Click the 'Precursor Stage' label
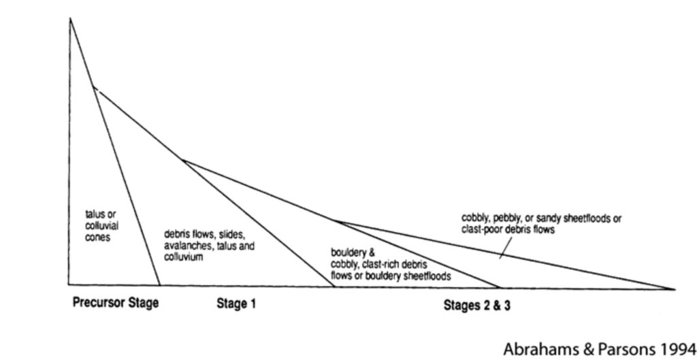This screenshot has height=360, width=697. pos(116,304)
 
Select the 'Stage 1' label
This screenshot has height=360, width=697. pos(236,304)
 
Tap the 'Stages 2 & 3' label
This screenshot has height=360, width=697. pos(477,306)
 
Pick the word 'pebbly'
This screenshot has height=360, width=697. pos(506,218)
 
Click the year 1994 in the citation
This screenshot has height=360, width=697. pos(679,348)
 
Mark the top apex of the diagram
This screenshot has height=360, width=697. pos(70,18)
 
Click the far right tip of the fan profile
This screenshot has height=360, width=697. pos(675,289)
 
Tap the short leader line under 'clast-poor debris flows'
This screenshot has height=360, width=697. pos(506,247)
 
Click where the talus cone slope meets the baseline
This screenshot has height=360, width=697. pos(159,285)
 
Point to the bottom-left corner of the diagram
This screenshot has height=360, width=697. pos(69,284)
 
